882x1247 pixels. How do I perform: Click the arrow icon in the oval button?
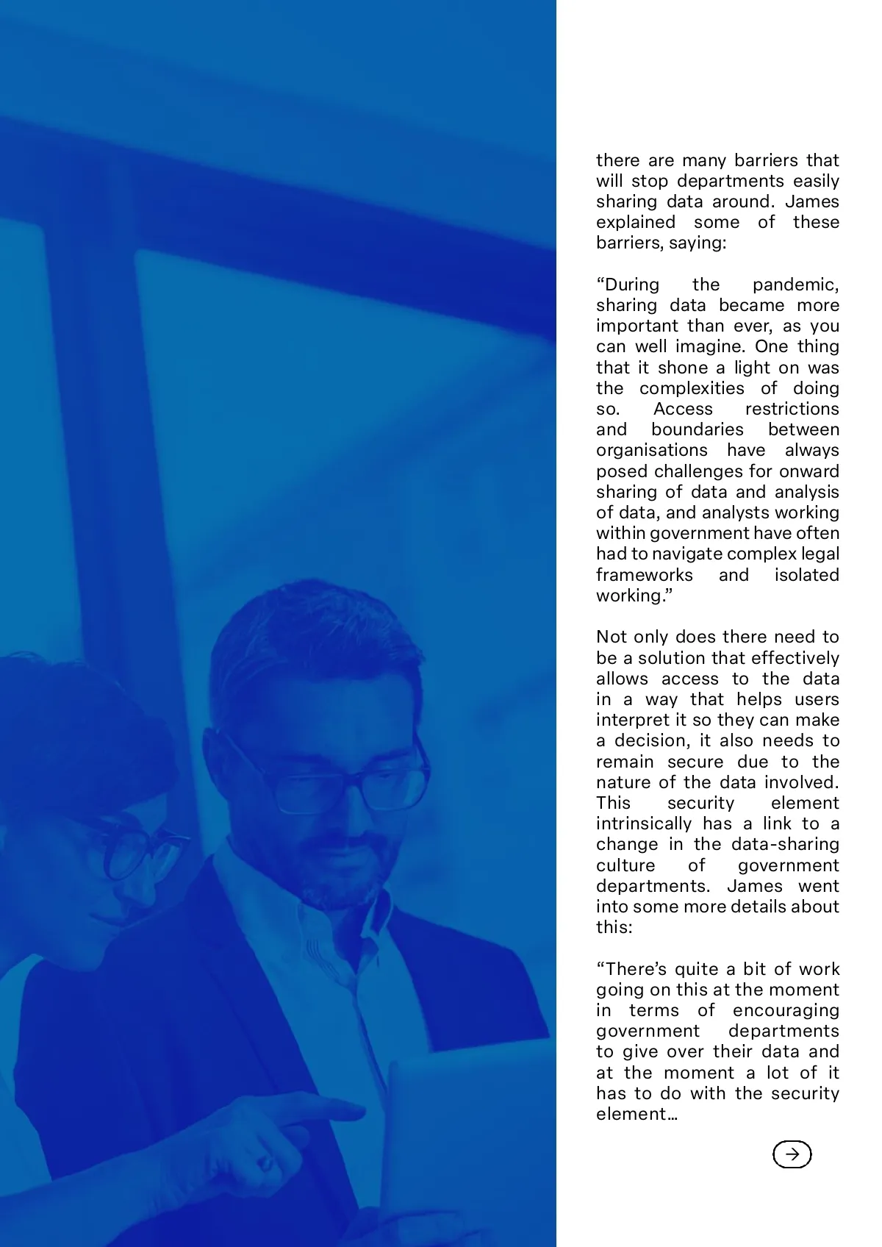tap(792, 1154)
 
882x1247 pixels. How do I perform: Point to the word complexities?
tap(692, 388)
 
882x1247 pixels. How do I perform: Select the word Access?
tap(683, 409)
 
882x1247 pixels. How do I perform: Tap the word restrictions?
tap(792, 409)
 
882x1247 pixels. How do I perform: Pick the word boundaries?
tap(697, 429)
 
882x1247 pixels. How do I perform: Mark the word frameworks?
tap(644, 575)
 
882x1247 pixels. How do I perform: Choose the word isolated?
tap(806, 575)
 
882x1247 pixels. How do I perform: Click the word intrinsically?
tap(644, 824)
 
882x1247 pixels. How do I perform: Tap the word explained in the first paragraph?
tap(635, 222)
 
